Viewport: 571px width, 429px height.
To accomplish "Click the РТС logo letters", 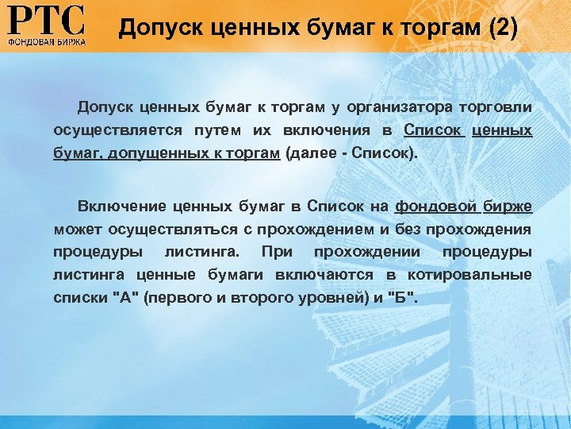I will click(x=46, y=20).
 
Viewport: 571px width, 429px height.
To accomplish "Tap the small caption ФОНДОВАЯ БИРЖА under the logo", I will click(x=46, y=39).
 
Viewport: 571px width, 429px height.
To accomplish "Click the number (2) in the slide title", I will click(x=503, y=30).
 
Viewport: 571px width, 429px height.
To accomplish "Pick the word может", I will click(x=74, y=230).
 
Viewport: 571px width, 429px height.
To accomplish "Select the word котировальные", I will click(x=469, y=274).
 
